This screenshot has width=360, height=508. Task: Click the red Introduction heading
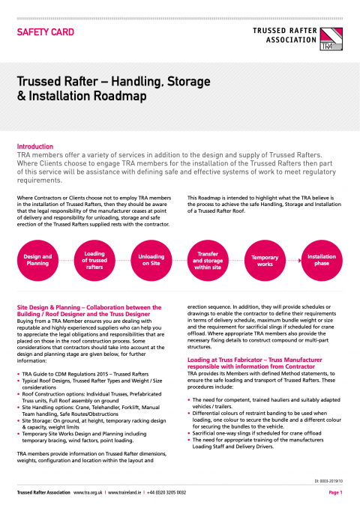34,147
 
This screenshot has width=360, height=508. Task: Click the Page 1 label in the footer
334,493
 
